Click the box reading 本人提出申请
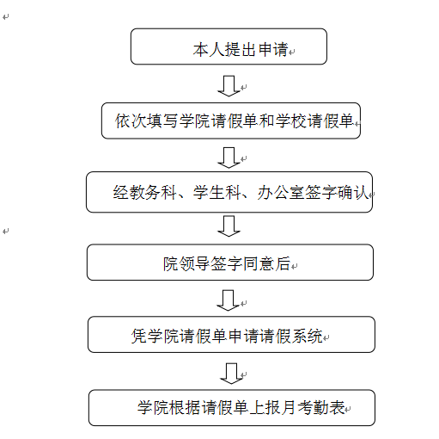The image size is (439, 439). tap(229, 46)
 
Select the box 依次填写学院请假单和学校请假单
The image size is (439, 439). tap(231, 121)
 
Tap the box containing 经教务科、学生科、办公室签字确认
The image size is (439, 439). tap(229, 192)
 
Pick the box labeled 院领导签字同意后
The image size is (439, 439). tap(230, 263)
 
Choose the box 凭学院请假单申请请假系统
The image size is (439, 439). tap(231, 335)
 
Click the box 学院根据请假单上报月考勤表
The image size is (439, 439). tap(232, 408)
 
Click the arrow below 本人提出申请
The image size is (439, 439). tap(229, 86)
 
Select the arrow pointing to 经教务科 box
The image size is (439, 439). tap(229, 158)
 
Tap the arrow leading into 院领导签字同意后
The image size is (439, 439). tap(229, 226)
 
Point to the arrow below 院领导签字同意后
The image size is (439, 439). tap(228, 300)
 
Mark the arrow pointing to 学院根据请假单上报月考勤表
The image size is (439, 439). tap(231, 374)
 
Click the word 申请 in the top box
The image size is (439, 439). tap(272, 49)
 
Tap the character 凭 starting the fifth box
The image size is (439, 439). tap(139, 336)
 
